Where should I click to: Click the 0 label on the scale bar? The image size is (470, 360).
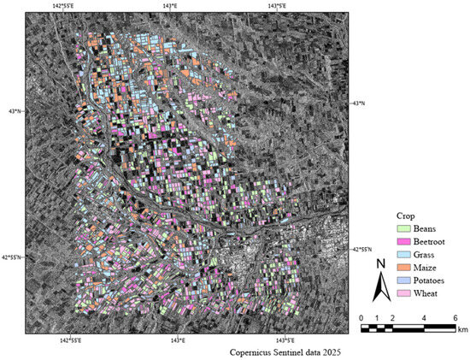coord(361,317)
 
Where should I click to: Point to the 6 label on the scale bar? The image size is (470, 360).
coord(455,317)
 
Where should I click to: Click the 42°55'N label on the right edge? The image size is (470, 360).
coord(366,250)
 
